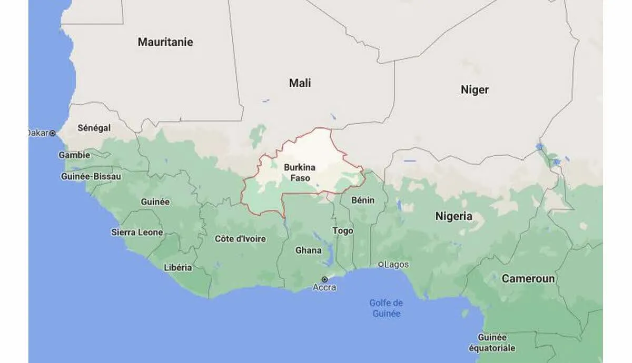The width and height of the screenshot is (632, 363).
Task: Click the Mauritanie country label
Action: [165, 42]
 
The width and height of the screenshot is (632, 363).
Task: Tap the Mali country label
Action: [300, 83]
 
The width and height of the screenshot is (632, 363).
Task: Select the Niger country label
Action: [475, 90]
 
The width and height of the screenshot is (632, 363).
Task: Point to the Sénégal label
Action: [94, 128]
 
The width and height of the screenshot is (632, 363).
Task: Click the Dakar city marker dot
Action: [52, 134]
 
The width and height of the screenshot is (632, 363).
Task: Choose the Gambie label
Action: [74, 155]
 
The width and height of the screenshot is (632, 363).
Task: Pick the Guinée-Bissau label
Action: [91, 176]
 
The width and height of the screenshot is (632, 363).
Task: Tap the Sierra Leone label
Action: [137, 232]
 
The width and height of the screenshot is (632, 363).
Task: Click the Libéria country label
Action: [178, 267]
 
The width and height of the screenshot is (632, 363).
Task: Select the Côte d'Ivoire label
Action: [240, 239]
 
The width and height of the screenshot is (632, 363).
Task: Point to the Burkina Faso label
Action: [300, 173]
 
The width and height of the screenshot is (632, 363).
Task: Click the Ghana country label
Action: [308, 250]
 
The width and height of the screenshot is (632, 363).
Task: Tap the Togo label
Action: [343, 231]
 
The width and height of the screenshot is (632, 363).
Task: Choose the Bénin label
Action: [363, 200]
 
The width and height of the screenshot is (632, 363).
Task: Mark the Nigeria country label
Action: [453, 216]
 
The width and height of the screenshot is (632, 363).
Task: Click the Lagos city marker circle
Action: [381, 264]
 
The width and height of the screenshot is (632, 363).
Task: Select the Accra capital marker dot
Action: [324, 279]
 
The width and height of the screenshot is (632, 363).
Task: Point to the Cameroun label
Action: [528, 279]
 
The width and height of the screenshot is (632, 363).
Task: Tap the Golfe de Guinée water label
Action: [386, 308]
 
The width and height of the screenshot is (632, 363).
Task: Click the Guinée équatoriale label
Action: [492, 342]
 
